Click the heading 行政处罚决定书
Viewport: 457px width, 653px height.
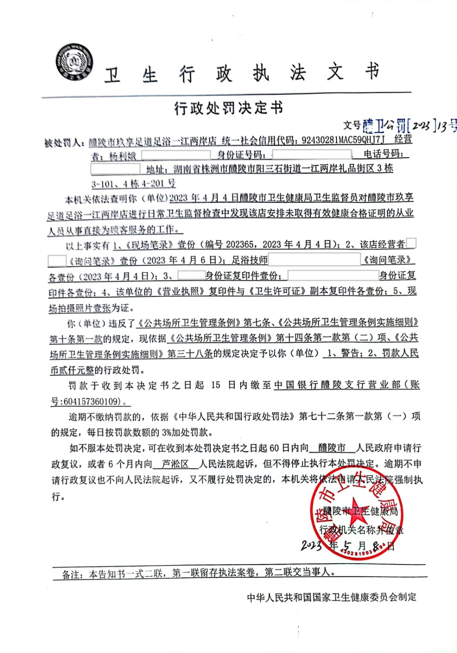click(228, 108)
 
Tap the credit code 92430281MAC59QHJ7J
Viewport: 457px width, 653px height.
click(343, 140)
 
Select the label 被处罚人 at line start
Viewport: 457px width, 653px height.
click(64, 143)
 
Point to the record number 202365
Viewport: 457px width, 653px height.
click(240, 244)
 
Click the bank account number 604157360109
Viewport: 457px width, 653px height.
click(92, 401)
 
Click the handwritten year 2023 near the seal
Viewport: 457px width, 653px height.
click(311, 545)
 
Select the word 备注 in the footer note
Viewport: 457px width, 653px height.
click(72, 574)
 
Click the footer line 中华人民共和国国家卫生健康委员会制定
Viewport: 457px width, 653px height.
click(332, 597)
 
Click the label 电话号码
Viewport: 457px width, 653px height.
click(383, 154)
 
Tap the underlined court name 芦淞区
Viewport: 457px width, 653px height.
click(175, 464)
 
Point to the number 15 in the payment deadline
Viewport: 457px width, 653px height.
click(216, 385)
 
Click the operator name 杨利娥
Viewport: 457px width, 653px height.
click(123, 156)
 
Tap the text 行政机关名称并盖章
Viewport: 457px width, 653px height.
click(361, 530)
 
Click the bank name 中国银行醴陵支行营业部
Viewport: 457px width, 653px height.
click(337, 385)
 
